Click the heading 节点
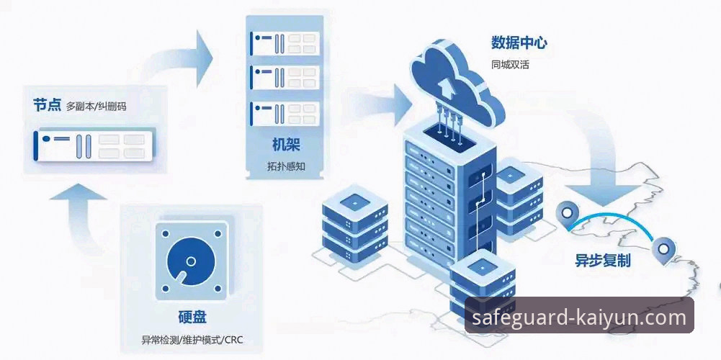coord(47,105)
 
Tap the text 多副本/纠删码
coord(96,106)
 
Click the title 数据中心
coord(519,43)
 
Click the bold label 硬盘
coord(192,318)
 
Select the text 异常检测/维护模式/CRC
coord(192,339)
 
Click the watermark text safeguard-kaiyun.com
coord(579,318)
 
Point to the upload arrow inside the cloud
coord(447,85)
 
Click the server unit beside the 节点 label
coord(93,145)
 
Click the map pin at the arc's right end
coord(663,251)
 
